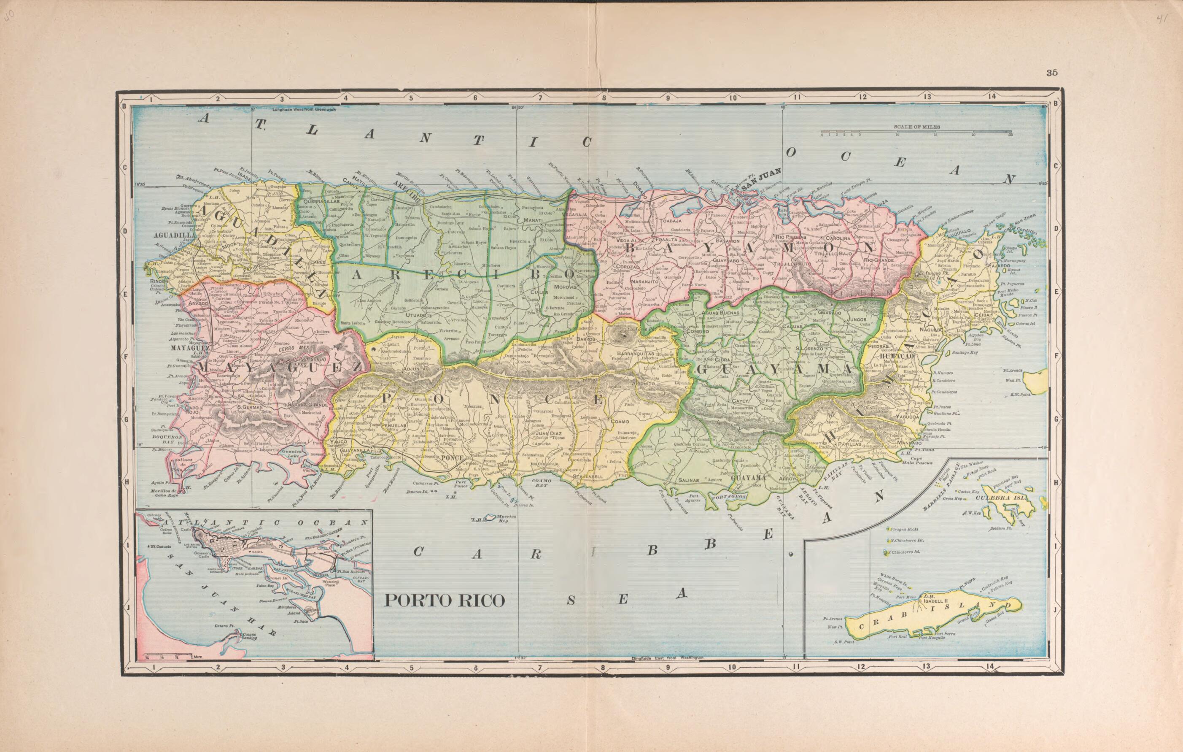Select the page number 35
coord(1051,73)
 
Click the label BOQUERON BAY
coord(167,439)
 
